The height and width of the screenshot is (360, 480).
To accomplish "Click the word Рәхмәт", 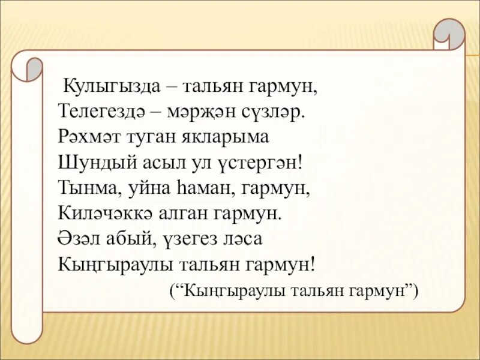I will click(89, 137).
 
